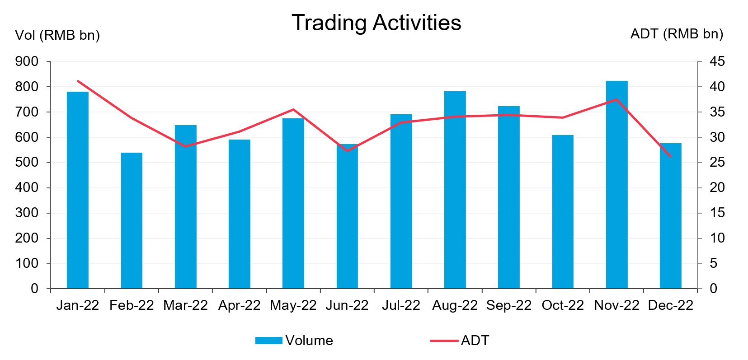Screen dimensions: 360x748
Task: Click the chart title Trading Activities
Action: pos(376,23)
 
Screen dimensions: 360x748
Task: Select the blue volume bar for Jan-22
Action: pos(78,190)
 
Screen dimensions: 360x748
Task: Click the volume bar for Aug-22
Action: pos(455,190)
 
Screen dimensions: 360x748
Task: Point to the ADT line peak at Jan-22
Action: pos(78,81)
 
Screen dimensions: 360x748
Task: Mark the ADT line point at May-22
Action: pos(293,109)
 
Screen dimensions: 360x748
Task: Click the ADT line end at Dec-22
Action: pos(670,157)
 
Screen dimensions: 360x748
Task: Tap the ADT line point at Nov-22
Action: pos(616,99)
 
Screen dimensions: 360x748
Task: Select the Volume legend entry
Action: pos(294,341)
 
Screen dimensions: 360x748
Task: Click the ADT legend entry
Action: pos(460,341)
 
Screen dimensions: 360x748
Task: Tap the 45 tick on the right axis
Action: pos(717,61)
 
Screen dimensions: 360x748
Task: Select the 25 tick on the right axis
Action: pos(717,162)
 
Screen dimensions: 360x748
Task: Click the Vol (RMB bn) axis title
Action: pos(57,35)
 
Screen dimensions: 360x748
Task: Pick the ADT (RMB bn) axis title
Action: pos(677,34)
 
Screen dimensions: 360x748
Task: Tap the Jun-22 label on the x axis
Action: pos(347,306)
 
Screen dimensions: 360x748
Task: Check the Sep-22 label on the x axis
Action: pos(509,306)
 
